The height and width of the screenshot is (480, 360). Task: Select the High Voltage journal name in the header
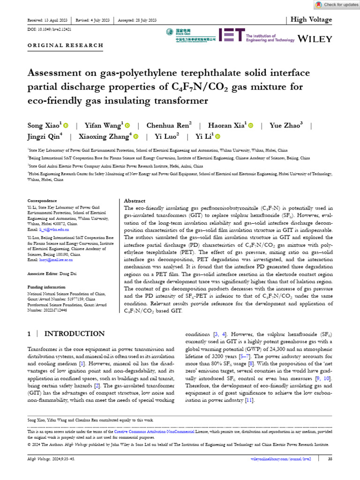click(x=311, y=20)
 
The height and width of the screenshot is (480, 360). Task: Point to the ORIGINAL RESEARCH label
click(x=66, y=45)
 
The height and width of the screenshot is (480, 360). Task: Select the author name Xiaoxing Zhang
click(x=104, y=136)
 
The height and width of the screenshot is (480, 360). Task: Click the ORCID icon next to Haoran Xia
click(x=251, y=126)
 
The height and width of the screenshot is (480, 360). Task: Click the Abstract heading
click(x=135, y=201)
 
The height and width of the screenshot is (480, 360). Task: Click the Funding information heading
click(x=46, y=287)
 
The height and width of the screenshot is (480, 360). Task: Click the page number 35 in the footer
click(x=330, y=458)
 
